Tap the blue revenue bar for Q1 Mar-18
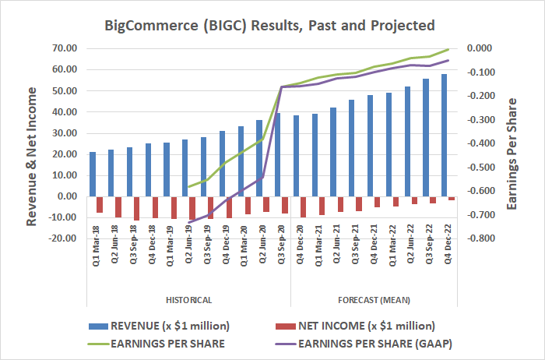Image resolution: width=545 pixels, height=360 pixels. point(93,174)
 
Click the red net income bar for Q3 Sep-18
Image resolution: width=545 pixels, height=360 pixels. point(137,208)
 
